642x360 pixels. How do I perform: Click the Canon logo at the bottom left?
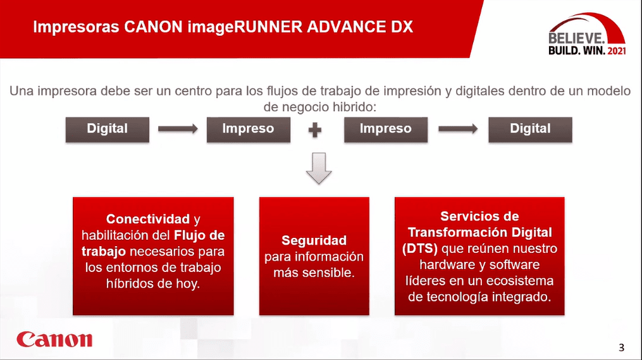54,339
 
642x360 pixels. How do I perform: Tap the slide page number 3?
621,348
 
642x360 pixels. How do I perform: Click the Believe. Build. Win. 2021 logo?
587,34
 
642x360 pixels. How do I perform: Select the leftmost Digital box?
108,130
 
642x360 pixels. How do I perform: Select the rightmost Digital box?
530,130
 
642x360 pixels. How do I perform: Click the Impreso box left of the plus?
249,130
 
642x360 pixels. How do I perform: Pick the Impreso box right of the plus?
386,130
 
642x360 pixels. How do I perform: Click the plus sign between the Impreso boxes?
315,130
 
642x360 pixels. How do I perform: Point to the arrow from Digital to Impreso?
178,129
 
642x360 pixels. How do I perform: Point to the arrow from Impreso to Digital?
458,129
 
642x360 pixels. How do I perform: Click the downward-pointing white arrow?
319,168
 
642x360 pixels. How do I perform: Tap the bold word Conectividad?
148,219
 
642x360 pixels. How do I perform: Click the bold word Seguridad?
314,240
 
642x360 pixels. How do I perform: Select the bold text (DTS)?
420,249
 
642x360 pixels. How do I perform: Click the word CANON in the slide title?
153,27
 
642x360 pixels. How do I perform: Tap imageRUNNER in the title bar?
245,27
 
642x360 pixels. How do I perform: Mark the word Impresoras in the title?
76,27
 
